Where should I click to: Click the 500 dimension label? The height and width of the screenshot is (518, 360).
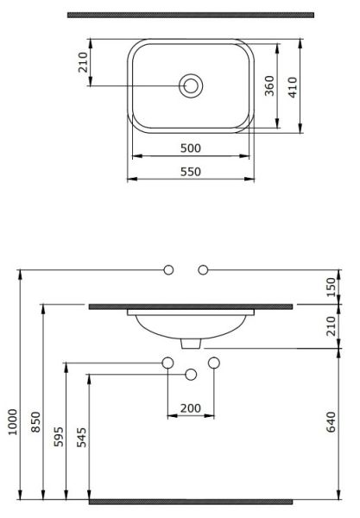191,148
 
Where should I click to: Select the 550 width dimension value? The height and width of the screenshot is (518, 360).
191,172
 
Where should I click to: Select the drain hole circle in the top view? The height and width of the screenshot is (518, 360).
191,86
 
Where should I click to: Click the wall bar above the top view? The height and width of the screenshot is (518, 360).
191,15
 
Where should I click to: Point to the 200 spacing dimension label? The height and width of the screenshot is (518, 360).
191,407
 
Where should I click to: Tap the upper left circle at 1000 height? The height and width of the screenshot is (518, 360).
170,269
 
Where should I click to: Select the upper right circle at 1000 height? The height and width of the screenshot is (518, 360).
205,269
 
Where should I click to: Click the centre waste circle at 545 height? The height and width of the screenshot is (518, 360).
192,374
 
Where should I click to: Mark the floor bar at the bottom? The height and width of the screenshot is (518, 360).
191,501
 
